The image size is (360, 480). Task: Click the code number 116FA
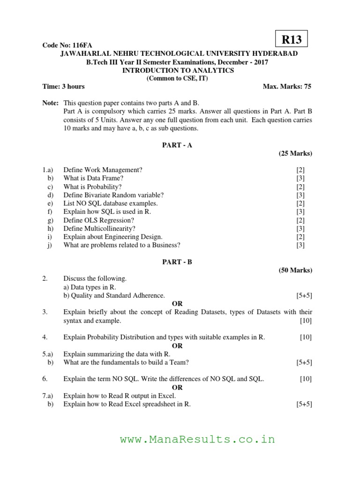73,45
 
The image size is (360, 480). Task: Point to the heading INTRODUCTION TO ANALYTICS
178,70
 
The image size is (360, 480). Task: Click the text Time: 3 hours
64,87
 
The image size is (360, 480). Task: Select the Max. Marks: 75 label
287,87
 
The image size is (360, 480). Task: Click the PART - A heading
177,145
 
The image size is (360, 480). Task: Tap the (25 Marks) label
295,153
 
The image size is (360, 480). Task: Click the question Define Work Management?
103,170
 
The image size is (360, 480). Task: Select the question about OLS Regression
98,220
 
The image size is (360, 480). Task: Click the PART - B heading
177,262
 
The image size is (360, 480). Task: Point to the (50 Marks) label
295,270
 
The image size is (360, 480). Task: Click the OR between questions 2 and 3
177,304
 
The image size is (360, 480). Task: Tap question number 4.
45,337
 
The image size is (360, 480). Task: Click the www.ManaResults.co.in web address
197,440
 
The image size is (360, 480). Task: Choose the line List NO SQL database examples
110,203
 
